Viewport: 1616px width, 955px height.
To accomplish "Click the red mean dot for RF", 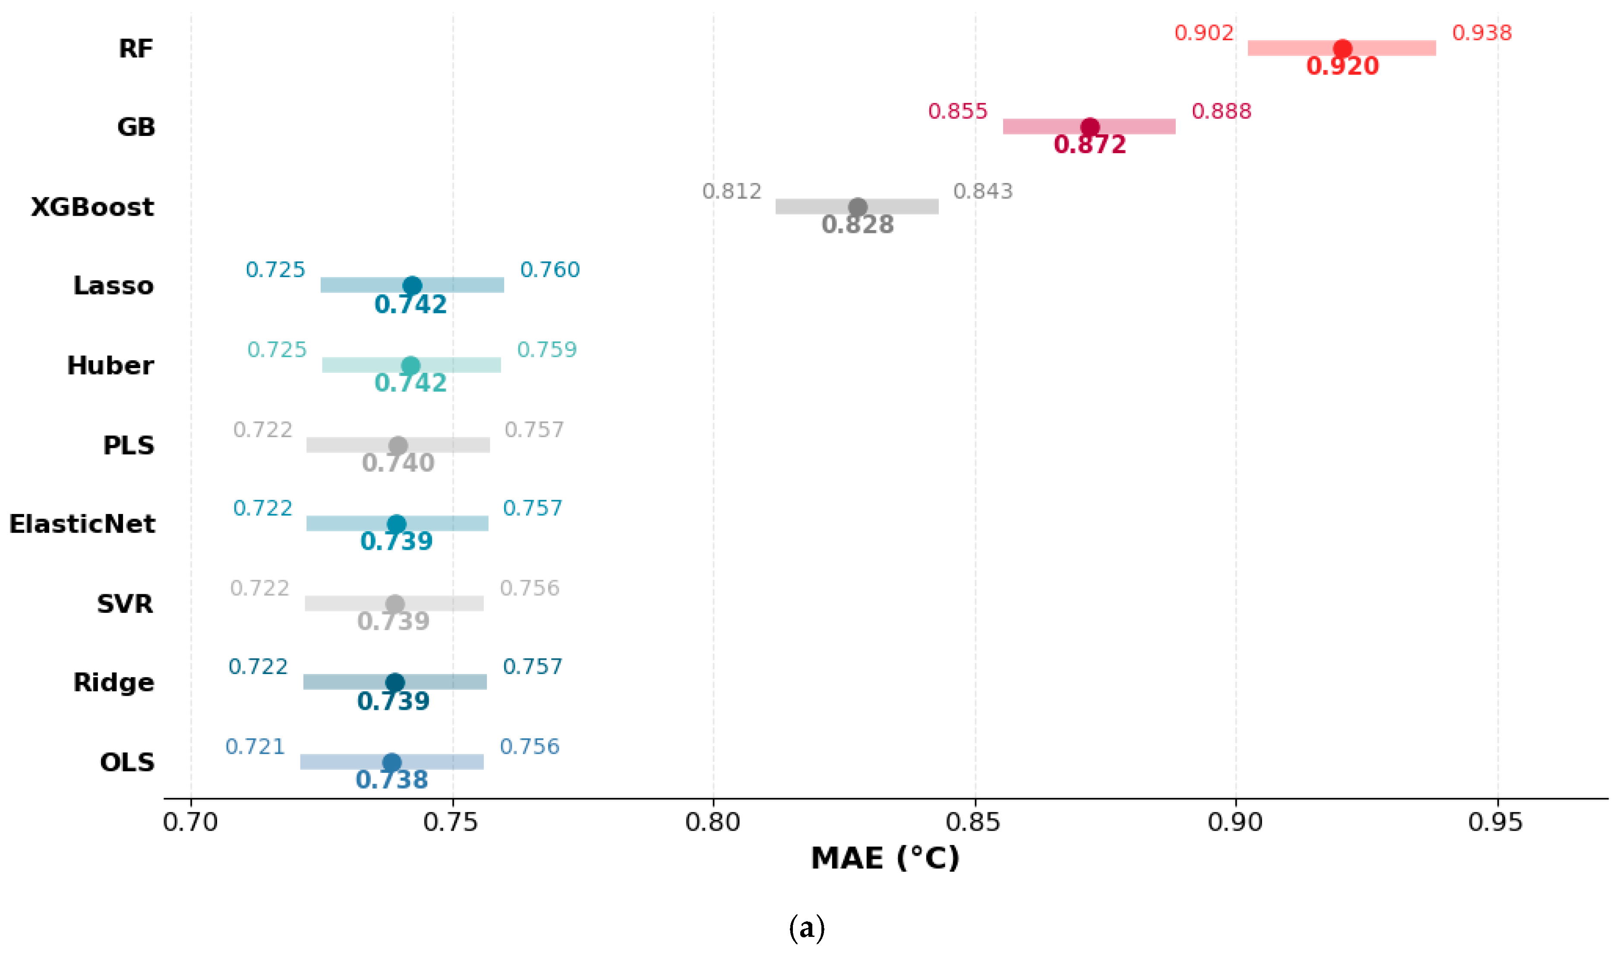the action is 1342,48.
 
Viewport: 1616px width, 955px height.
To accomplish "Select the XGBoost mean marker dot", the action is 857,207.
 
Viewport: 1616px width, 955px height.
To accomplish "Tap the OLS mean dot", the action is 391,762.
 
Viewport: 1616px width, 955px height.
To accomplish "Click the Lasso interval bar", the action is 412,285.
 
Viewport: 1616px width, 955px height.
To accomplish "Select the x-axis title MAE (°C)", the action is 885,858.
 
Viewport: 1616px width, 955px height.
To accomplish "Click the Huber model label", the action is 110,365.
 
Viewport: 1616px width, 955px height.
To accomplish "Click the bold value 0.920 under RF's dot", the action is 1342,66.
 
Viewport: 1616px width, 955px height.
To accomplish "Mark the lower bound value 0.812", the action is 732,191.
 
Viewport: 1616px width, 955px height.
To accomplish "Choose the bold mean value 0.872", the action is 1089,144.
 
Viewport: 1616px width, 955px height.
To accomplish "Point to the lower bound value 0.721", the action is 255,747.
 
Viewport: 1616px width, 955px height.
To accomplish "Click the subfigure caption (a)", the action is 806,927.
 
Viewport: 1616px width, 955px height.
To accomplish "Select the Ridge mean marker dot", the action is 395,682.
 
